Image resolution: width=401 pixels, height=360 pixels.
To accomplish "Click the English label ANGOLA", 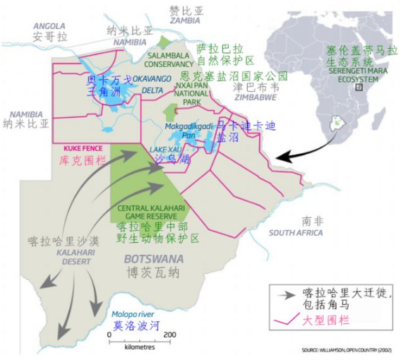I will click(49, 25).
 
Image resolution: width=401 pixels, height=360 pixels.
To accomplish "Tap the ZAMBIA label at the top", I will click(184, 20).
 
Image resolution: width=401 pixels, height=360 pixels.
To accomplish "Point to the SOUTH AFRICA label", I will click(295, 233).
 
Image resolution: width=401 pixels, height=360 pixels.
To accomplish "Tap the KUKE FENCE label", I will click(83, 149).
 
